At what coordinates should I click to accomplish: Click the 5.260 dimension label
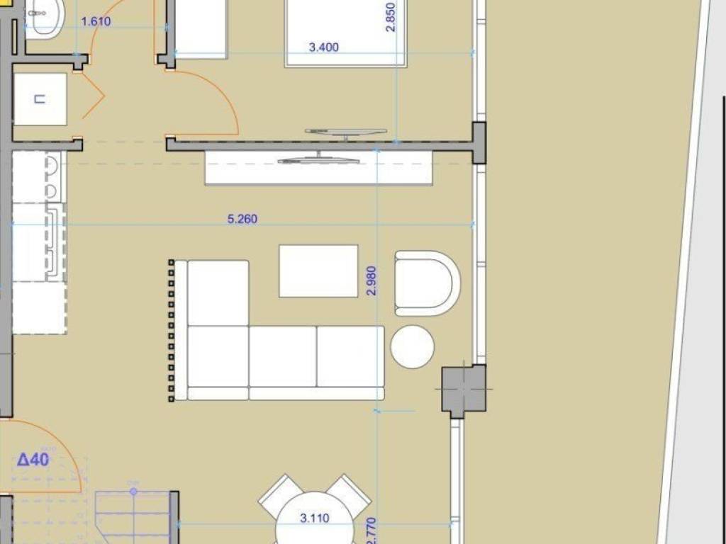242,220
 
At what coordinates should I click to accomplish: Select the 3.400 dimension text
324,48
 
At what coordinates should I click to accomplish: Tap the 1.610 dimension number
96,21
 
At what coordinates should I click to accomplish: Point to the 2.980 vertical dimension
372,280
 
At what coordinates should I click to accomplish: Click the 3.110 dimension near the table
314,518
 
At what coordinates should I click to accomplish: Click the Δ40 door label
33,460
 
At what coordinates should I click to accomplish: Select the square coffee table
318,271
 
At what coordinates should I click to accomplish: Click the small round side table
412,346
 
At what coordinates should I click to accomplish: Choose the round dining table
314,521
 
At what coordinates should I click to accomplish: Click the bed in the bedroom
346,32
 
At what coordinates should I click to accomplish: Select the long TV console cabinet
318,168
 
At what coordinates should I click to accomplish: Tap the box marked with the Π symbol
40,99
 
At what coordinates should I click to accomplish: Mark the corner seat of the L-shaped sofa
218,356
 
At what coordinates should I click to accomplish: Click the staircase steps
133,517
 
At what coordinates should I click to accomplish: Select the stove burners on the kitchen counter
52,177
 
